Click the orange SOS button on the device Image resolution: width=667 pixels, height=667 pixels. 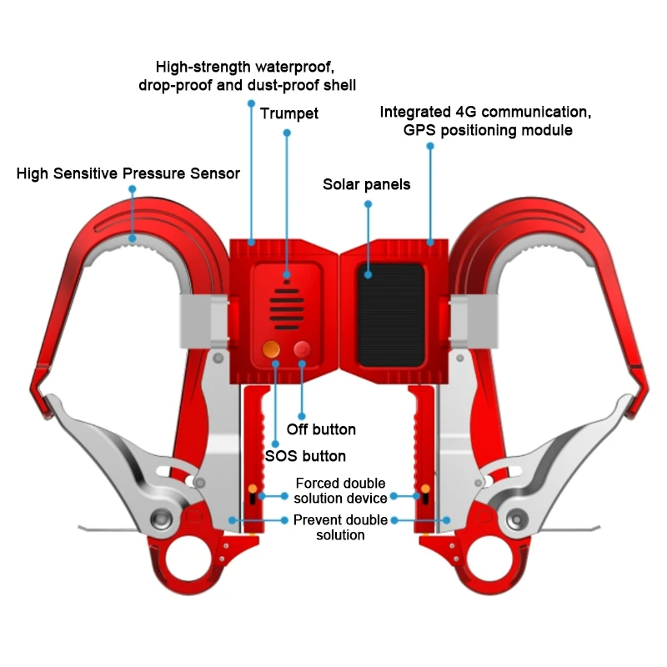pos(272,351)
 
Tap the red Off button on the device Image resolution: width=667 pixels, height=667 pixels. pos(301,350)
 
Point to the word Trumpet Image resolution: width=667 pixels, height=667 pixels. pos(288,113)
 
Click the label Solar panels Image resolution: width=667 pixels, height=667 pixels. pos(367,184)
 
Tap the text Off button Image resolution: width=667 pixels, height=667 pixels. pos(321,429)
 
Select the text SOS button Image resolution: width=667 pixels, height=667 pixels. pos(305,455)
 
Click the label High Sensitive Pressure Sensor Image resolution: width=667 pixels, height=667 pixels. pos(128,173)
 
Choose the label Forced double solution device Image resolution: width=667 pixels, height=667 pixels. pos(341,490)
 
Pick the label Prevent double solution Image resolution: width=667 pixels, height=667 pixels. pos(340,527)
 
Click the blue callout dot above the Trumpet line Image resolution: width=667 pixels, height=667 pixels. pos(287,133)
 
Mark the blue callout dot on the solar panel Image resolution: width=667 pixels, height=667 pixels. pos(368,272)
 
